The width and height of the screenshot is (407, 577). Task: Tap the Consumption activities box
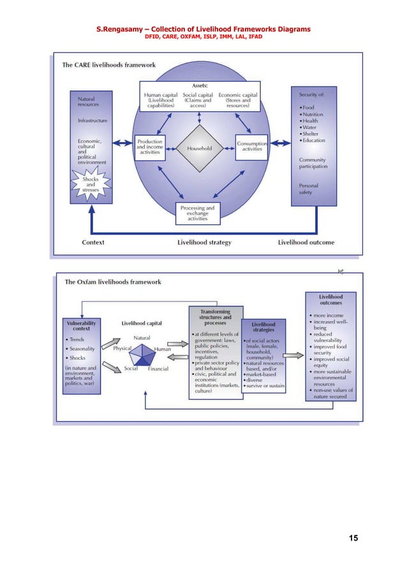[252, 146]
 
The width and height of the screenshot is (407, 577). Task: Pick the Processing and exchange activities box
[197, 213]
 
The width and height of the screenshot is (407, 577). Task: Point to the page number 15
[353, 538]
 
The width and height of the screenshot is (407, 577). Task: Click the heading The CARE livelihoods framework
[108, 65]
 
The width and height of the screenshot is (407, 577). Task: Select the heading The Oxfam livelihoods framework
[113, 281]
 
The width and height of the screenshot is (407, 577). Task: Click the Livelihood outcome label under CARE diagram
[306, 242]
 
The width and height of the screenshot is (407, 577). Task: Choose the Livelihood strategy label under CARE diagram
[204, 242]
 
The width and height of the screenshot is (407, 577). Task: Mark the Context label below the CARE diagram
[93, 242]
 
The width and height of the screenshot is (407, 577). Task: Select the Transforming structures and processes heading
[216, 317]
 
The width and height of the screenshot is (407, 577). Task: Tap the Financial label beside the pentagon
[159, 369]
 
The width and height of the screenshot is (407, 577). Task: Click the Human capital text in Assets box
[161, 95]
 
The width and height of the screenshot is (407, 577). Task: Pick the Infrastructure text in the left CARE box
[92, 120]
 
